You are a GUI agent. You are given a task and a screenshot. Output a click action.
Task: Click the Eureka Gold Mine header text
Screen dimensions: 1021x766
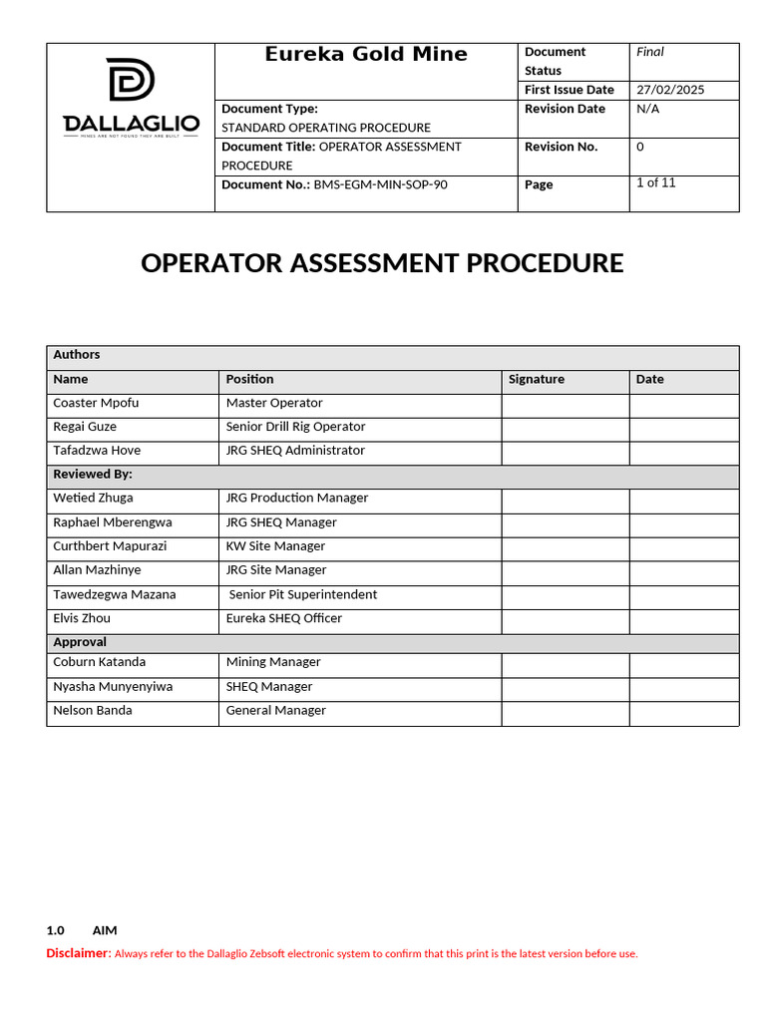click(x=366, y=55)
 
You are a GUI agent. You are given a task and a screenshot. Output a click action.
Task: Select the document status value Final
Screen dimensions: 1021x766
click(x=650, y=52)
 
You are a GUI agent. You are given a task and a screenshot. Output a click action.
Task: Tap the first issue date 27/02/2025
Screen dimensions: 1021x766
click(x=670, y=90)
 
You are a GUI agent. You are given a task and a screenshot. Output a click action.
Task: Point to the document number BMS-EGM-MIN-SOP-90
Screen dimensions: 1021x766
click(x=380, y=184)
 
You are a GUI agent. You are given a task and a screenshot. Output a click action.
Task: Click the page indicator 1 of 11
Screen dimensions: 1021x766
click(x=655, y=183)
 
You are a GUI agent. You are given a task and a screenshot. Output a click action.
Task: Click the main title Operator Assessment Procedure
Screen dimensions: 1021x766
click(x=382, y=263)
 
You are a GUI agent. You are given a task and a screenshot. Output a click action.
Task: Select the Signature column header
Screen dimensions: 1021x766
click(x=537, y=380)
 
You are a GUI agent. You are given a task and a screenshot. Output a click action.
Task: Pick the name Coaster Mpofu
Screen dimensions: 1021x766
click(x=96, y=404)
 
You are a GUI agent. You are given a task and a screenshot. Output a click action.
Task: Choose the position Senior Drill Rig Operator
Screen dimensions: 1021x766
click(x=295, y=427)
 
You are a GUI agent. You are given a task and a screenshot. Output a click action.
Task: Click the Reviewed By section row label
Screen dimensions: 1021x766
click(x=93, y=475)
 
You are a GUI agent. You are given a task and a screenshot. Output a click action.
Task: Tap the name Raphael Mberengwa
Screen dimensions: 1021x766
click(x=112, y=522)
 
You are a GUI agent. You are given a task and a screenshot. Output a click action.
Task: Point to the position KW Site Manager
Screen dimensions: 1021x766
click(x=275, y=546)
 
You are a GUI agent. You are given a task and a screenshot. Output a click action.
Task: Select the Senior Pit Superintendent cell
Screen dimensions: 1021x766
click(x=303, y=595)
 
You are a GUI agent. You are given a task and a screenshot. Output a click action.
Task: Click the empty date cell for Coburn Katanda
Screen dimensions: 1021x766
click(x=683, y=664)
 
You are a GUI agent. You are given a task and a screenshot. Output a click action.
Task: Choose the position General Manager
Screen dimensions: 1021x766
click(x=276, y=711)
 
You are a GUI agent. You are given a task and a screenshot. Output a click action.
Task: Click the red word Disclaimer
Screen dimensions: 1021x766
click(x=78, y=953)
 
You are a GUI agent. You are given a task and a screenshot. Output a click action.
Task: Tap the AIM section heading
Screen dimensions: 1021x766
click(x=104, y=930)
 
